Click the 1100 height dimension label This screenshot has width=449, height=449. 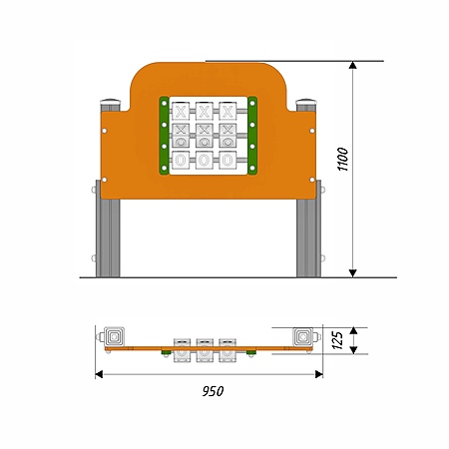click(343, 159)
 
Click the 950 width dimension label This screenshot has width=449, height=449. click(213, 391)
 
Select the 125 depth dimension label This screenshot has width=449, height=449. click(337, 340)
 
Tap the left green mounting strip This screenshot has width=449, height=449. click(164, 136)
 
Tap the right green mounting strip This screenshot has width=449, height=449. click(252, 136)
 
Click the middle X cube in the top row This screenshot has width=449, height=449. click(205, 111)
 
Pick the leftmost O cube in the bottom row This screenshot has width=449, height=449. click(181, 161)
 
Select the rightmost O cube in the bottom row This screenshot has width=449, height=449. click(227, 161)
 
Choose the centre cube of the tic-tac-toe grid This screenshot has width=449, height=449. click(205, 136)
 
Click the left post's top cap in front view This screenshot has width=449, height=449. click(110, 101)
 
